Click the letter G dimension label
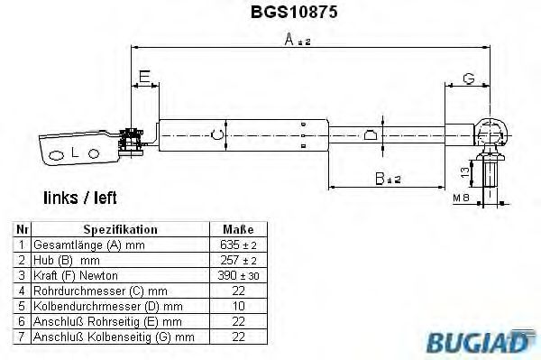coord(467,79)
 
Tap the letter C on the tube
coord(214,135)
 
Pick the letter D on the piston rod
coord(369,136)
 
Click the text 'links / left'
coord(79,197)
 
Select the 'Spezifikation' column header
coord(120,229)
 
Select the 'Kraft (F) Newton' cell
coord(75,275)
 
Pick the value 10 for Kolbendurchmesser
coord(238,306)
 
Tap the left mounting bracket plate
coord(77,150)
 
